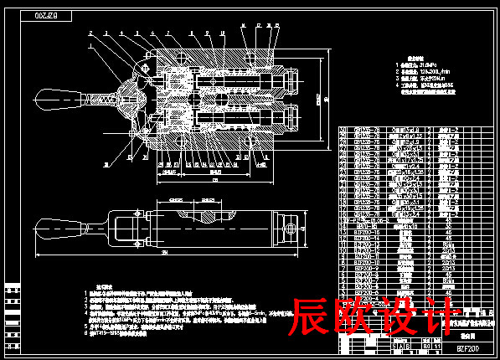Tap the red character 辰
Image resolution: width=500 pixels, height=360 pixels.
pos(311,317)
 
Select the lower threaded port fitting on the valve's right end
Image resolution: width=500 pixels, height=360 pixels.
pos(288,115)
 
